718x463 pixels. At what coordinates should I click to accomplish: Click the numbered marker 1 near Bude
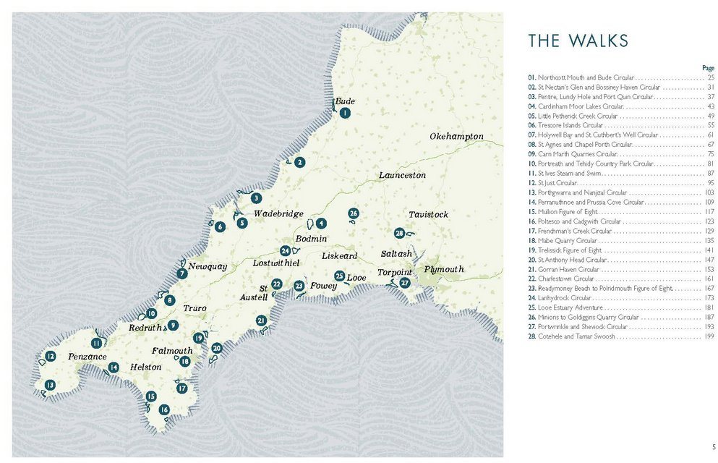click(x=345, y=113)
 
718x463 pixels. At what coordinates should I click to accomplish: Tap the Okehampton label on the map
click(x=456, y=137)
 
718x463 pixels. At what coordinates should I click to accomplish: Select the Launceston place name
click(x=402, y=175)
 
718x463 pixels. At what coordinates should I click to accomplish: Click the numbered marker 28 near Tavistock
click(x=399, y=233)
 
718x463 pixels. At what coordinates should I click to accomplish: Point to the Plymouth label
click(x=444, y=269)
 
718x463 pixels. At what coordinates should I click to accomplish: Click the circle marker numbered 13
click(x=50, y=384)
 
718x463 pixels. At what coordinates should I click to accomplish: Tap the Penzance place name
click(x=87, y=357)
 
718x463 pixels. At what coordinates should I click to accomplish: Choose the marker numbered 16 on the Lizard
click(x=164, y=409)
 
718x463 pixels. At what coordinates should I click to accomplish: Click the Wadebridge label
click(x=278, y=214)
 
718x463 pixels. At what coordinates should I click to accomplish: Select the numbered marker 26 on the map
click(x=354, y=213)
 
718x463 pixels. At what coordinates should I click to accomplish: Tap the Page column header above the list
click(x=708, y=68)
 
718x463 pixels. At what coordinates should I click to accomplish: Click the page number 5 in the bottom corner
click(x=713, y=446)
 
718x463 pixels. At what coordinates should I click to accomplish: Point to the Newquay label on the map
click(x=208, y=267)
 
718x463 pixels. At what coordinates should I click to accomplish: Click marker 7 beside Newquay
click(x=182, y=273)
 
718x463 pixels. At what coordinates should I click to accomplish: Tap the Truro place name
click(x=195, y=308)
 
